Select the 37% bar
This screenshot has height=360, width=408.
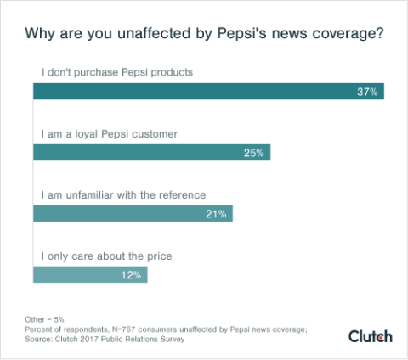pyautogui.click(x=208, y=91)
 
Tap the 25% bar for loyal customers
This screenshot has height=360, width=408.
pyautogui.click(x=151, y=153)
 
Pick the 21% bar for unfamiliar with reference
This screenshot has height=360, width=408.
pyautogui.click(x=133, y=214)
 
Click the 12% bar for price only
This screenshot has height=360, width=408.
pyautogui.click(x=90, y=274)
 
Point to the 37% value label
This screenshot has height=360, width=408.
pyautogui.click(x=367, y=92)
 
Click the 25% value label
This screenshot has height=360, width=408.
pyautogui.click(x=254, y=153)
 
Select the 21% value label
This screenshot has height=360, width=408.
pyautogui.click(x=216, y=214)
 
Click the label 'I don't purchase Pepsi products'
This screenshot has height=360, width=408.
pyautogui.click(x=117, y=72)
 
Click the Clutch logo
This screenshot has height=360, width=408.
pyautogui.click(x=371, y=336)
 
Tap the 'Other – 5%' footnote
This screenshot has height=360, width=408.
pyautogui.click(x=44, y=319)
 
